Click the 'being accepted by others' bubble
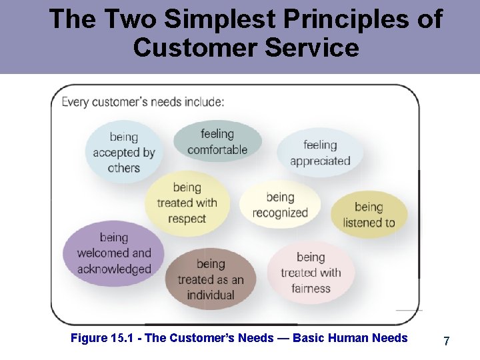click(123, 153)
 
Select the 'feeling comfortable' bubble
click(217, 141)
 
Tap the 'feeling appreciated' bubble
click(320, 153)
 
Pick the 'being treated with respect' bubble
click(187, 203)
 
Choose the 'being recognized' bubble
click(280, 205)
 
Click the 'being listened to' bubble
click(369, 215)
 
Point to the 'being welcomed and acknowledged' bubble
click(113, 253)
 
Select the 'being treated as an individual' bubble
click(211, 279)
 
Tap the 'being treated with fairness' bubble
click(311, 272)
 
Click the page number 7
click(446, 341)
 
